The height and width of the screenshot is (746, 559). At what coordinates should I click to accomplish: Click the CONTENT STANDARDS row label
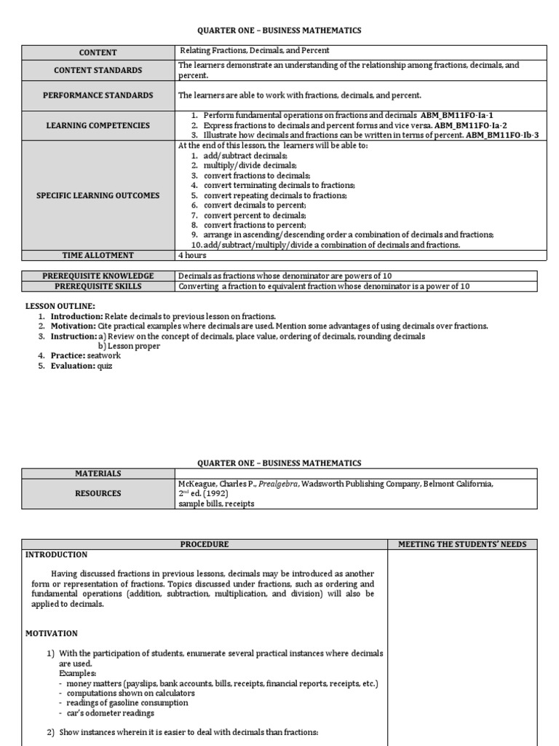point(98,70)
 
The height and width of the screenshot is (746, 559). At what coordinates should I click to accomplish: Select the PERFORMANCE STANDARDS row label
point(98,95)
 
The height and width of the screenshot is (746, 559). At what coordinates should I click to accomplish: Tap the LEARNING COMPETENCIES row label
point(98,125)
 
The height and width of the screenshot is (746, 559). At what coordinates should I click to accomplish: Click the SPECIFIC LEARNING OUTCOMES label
point(98,195)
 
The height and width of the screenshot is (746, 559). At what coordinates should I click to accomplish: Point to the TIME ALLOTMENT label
point(98,255)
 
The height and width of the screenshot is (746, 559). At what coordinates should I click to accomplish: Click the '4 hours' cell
point(192,255)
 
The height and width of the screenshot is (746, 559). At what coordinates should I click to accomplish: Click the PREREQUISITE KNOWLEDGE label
point(98,276)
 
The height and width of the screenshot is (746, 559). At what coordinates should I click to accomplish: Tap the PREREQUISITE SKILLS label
point(98,286)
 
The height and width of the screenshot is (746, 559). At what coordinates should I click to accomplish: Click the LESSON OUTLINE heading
point(60,306)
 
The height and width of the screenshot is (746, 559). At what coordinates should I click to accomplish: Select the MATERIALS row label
point(98,474)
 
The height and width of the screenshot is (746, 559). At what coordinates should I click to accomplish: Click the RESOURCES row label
point(98,493)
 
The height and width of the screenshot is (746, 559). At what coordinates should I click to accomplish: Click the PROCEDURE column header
point(205,544)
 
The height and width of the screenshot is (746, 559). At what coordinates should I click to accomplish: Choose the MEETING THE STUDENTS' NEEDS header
point(462,544)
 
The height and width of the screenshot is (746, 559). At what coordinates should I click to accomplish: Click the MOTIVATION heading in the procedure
point(51,633)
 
